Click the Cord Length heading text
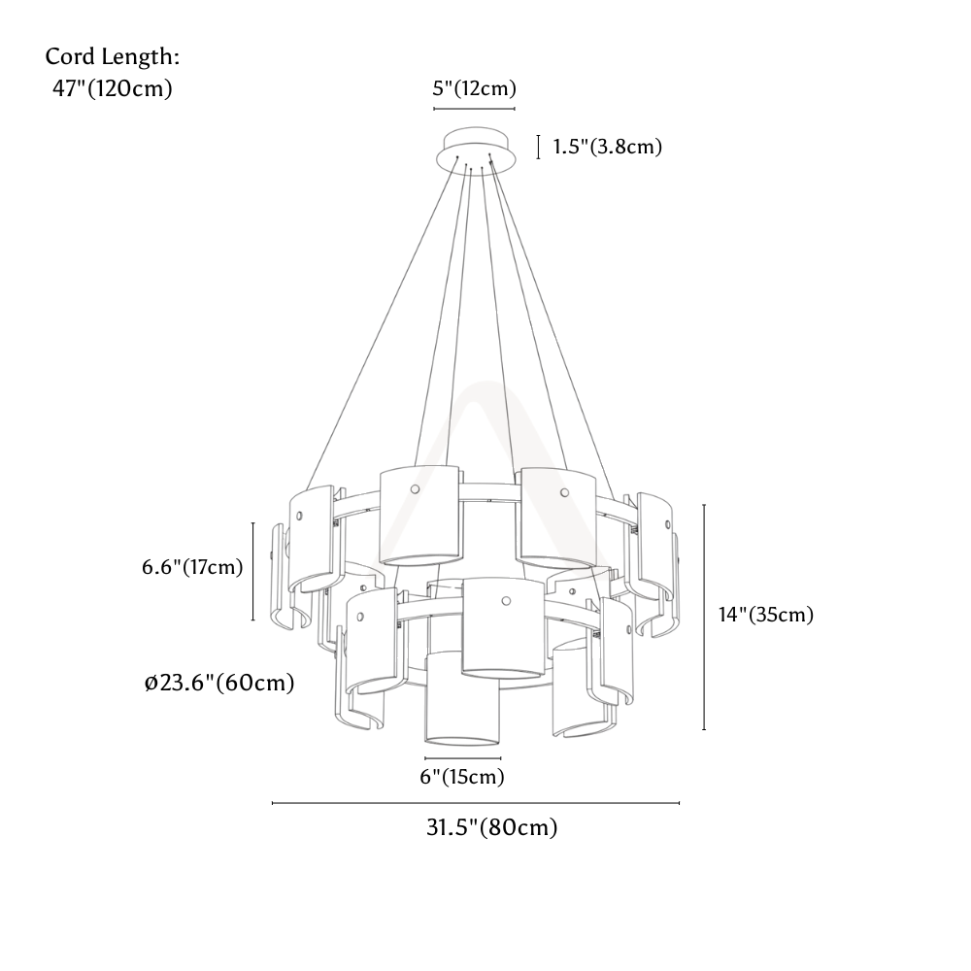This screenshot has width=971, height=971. click(x=112, y=57)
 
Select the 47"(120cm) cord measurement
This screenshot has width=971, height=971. click(x=112, y=88)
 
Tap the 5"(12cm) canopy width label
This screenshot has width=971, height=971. click(x=475, y=88)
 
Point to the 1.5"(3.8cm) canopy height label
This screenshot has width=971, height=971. click(x=608, y=147)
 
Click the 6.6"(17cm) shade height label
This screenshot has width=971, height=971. click(x=192, y=567)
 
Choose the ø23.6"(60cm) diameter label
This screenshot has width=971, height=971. click(x=219, y=683)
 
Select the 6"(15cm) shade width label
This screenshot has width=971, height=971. click(x=462, y=777)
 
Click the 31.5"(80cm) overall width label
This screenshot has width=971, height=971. click(x=491, y=827)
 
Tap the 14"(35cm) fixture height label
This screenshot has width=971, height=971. click(x=766, y=615)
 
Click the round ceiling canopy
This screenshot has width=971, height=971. click(x=476, y=150)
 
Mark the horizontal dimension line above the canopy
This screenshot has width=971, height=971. click(x=475, y=109)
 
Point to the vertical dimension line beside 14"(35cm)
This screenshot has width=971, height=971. click(x=704, y=618)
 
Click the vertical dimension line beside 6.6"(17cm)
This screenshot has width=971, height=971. click(x=253, y=571)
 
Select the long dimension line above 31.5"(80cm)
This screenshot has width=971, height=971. click(x=476, y=803)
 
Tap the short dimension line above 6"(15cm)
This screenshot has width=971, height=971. click(x=462, y=758)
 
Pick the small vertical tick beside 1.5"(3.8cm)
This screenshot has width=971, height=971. click(x=538, y=147)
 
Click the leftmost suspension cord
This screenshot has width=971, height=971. click(x=382, y=322)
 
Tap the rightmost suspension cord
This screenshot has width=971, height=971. click(x=552, y=327)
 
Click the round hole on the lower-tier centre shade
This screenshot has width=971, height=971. click(x=506, y=601)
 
